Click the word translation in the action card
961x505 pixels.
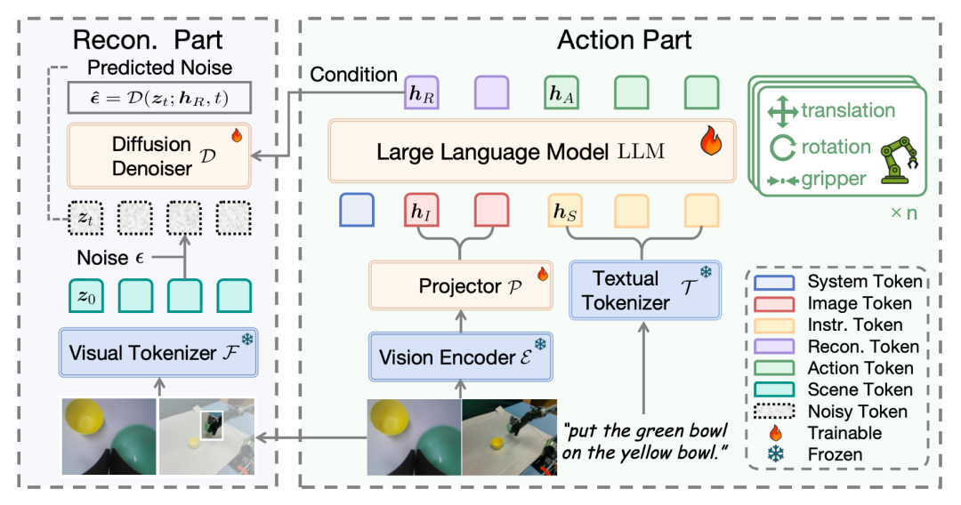point(848,111)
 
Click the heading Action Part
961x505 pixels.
point(624,38)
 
